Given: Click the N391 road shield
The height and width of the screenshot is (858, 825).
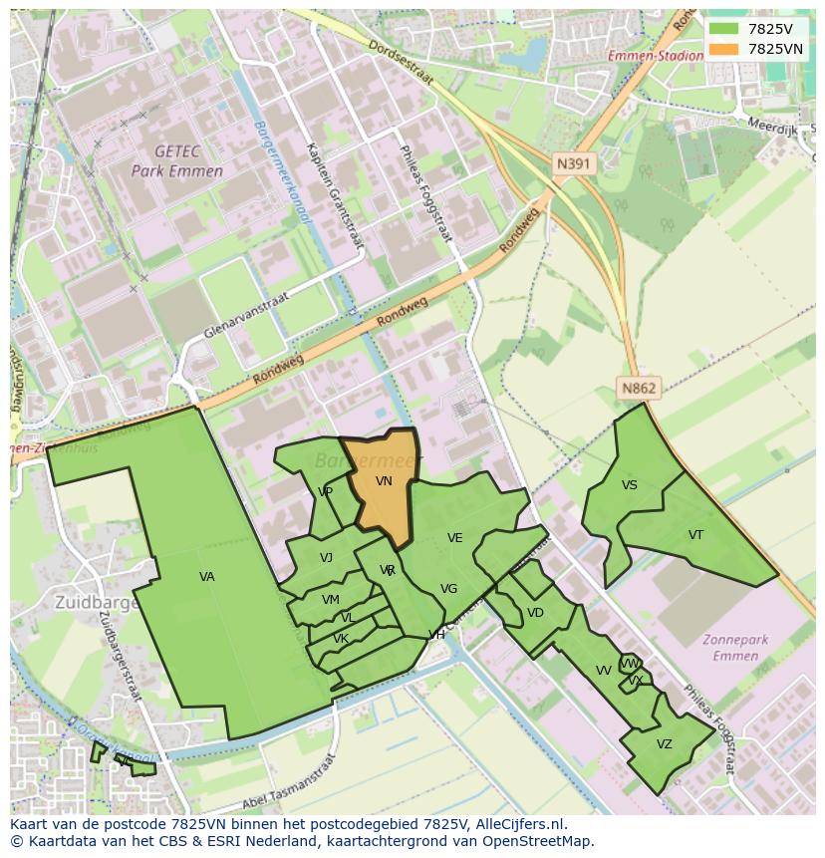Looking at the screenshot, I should click(574, 163).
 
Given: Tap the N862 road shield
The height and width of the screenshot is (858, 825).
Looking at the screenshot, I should click(639, 388).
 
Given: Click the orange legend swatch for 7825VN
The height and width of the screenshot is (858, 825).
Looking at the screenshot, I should click(724, 49).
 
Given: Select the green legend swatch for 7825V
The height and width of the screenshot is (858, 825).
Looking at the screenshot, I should click(724, 29).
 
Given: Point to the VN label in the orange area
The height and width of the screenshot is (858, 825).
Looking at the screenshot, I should click(384, 481).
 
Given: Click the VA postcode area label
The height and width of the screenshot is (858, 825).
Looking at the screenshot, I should click(207, 577).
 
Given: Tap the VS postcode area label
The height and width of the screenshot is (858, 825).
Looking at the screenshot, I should click(630, 485).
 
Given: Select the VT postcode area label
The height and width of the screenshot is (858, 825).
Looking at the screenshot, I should click(695, 535).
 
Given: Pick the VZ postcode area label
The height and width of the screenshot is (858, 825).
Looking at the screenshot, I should click(665, 744).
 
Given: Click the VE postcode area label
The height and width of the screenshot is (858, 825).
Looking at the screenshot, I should click(455, 538).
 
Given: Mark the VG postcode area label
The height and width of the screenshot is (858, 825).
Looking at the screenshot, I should click(449, 589).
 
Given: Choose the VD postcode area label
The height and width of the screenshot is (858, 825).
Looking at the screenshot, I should click(535, 613).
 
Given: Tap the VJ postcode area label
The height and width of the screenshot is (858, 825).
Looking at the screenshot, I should click(326, 558).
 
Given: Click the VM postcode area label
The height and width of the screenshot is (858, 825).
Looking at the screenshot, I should click(331, 600).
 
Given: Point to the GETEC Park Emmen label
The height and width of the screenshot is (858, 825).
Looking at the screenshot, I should click(177, 160).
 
